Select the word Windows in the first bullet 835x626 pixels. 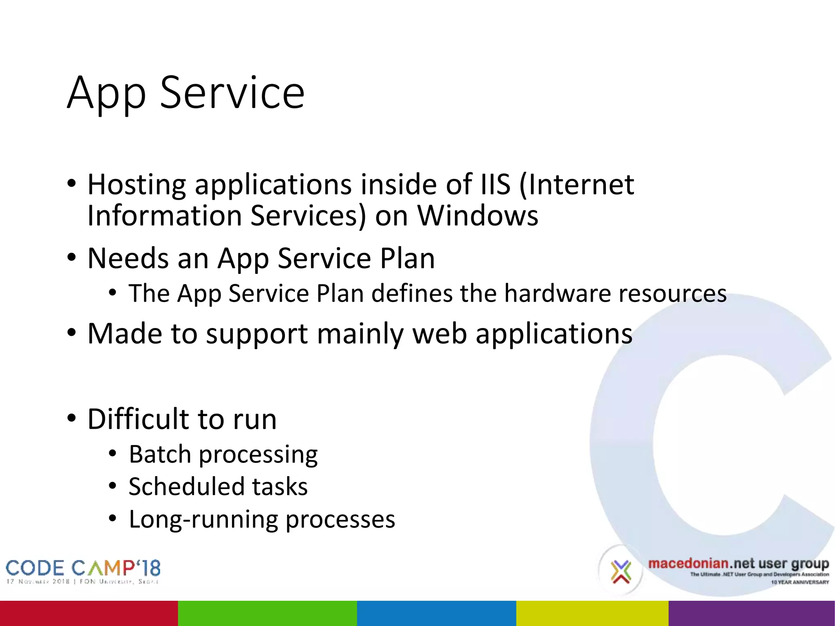(x=477, y=216)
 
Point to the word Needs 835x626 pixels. (x=128, y=258)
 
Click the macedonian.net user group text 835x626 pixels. (x=738, y=564)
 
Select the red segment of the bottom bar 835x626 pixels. (x=89, y=613)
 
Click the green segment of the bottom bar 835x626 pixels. (x=267, y=613)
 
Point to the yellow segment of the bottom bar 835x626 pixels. (x=592, y=613)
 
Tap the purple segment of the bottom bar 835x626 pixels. (x=751, y=613)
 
